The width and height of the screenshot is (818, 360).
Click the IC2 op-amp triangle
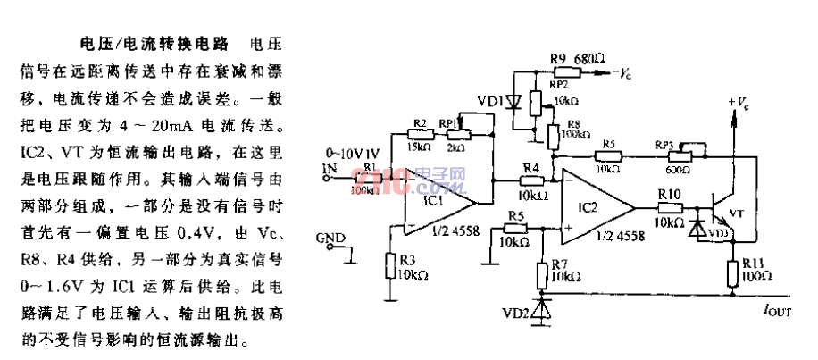point(594,211)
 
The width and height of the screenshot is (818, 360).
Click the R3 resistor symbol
point(389,265)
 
